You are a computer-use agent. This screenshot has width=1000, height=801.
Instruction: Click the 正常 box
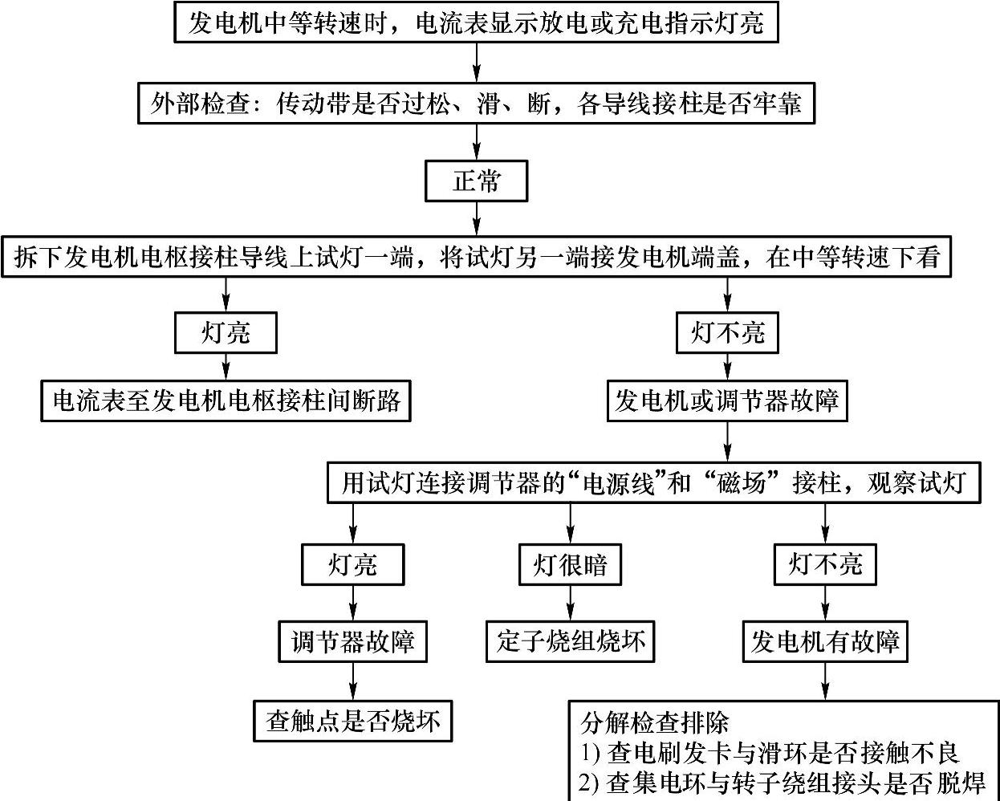coord(476,181)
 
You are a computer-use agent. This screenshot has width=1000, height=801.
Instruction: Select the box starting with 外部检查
coord(476,103)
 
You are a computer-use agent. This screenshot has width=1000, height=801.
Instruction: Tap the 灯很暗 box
coord(570,565)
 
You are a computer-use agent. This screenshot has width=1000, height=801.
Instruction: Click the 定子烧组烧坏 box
coord(570,641)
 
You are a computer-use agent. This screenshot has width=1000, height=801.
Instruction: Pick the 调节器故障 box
coord(352,641)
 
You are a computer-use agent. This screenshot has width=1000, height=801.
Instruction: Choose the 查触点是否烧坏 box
coord(352,720)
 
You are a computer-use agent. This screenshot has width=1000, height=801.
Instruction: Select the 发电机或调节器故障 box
coord(727,399)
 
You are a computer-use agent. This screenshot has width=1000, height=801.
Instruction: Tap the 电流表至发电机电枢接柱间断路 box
coord(226,399)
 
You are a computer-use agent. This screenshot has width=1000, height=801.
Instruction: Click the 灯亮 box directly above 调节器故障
coord(352,565)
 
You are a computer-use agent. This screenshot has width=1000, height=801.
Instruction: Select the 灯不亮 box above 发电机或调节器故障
coord(727,332)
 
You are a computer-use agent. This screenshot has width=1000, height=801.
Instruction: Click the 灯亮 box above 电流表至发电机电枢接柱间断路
coord(226,332)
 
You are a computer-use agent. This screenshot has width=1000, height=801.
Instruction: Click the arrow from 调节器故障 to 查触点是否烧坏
coord(352,681)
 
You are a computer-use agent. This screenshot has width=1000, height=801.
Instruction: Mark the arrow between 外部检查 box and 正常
coord(477,142)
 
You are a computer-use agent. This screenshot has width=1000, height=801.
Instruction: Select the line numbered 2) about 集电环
coord(783,782)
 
